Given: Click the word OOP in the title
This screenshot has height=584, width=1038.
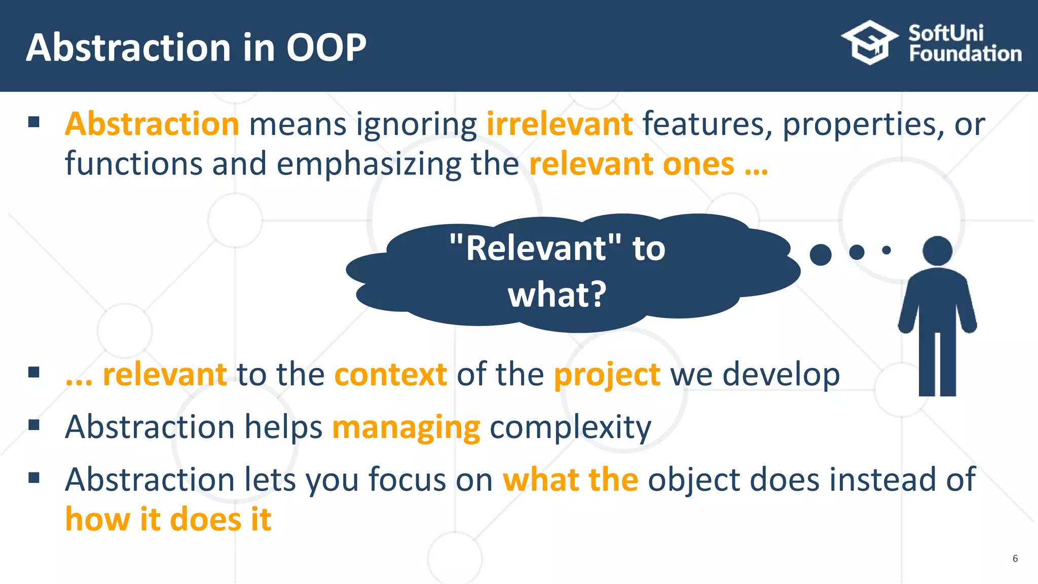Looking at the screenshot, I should [x=326, y=48].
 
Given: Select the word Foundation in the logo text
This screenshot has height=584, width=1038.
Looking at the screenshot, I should [x=965, y=54].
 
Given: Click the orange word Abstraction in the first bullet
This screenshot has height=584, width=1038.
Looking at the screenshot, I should [x=152, y=124].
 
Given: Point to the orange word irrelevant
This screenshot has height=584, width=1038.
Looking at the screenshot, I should [x=560, y=124].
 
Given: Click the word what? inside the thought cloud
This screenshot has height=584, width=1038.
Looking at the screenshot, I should [x=557, y=294].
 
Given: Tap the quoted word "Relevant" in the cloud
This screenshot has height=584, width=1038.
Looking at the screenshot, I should [x=535, y=248].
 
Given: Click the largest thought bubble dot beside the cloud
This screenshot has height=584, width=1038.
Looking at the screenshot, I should [x=821, y=254].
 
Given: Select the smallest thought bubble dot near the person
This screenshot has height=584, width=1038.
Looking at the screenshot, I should [x=886, y=250].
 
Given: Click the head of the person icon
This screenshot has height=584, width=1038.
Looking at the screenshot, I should [x=937, y=250].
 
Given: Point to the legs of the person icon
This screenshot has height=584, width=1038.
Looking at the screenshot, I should [x=937, y=365].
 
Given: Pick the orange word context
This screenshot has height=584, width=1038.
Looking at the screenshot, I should [x=391, y=375].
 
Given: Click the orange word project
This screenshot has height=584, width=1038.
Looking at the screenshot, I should [x=607, y=376].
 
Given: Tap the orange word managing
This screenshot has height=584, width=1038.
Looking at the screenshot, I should [x=406, y=427].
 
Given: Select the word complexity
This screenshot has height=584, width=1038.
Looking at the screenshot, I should [x=570, y=427].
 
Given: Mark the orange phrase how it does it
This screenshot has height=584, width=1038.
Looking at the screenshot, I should [x=168, y=520].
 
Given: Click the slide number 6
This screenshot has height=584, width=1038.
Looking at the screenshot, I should [x=1015, y=558].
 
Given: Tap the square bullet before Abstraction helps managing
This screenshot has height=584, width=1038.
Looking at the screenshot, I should [x=34, y=424].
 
